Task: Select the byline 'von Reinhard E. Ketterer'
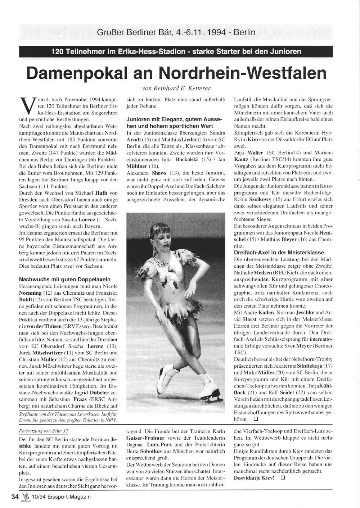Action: [x=177, y=88]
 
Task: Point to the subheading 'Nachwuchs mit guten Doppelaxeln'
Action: [x=65, y=279]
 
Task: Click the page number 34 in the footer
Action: [x=15, y=497]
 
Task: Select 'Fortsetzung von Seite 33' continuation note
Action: [x=43, y=431]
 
